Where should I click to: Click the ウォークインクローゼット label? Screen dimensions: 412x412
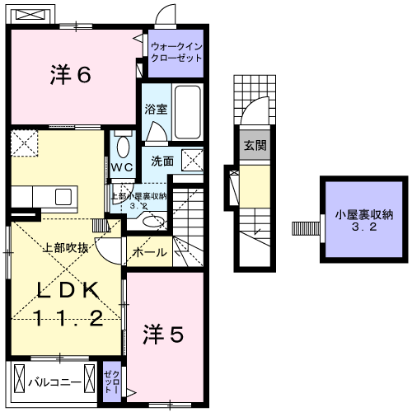[176, 54]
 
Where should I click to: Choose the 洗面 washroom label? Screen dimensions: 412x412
[162, 161]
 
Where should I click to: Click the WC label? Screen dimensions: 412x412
[123, 167]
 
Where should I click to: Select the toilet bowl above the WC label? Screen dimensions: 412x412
[123, 147]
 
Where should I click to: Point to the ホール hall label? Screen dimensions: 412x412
[149, 252]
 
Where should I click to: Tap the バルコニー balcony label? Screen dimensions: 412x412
[54, 382]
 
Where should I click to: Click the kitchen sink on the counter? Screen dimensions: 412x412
[63, 197]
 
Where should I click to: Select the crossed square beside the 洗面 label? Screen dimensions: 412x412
[193, 160]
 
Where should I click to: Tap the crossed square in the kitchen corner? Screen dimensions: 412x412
[24, 141]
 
